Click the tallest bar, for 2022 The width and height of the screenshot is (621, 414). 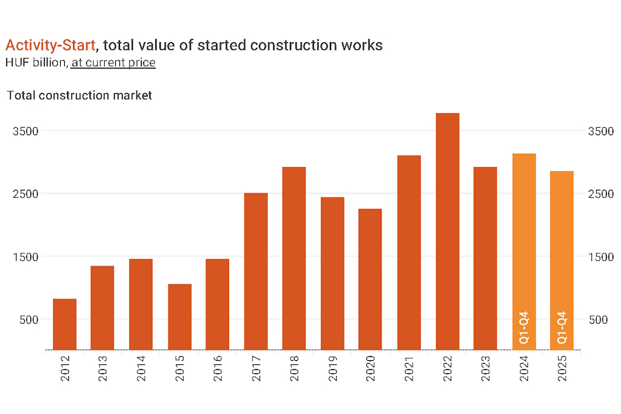(x=447, y=231)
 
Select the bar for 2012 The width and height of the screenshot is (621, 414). (x=65, y=324)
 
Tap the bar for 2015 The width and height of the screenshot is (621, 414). (x=179, y=317)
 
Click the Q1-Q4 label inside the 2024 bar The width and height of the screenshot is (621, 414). (x=524, y=328)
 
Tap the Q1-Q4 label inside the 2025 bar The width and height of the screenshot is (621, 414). (x=562, y=328)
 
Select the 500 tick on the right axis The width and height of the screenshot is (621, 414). (x=598, y=320)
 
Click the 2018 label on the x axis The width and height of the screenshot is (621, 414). (x=295, y=371)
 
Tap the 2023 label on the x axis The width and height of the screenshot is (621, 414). (x=486, y=371)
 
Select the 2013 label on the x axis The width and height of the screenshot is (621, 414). (x=103, y=371)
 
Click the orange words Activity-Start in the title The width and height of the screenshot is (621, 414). (x=50, y=46)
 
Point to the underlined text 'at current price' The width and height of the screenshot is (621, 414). (x=113, y=63)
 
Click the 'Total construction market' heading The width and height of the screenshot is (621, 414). (x=79, y=95)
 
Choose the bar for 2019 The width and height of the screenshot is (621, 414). (x=333, y=273)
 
